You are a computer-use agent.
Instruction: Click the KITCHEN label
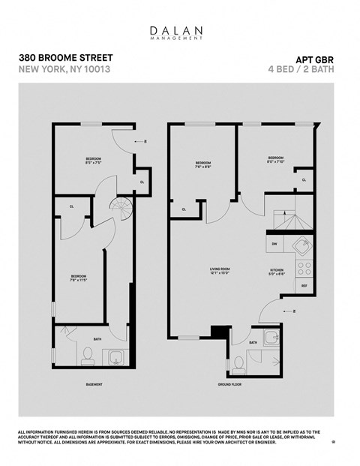(277, 272)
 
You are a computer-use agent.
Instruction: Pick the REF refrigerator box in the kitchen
(304, 286)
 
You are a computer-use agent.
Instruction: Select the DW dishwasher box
(274, 244)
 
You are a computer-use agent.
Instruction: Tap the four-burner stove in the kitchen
(304, 266)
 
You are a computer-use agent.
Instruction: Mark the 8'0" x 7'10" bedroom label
(277, 160)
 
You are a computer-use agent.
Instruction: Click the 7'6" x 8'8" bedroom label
(203, 165)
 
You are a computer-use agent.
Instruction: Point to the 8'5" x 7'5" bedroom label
(92, 161)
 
